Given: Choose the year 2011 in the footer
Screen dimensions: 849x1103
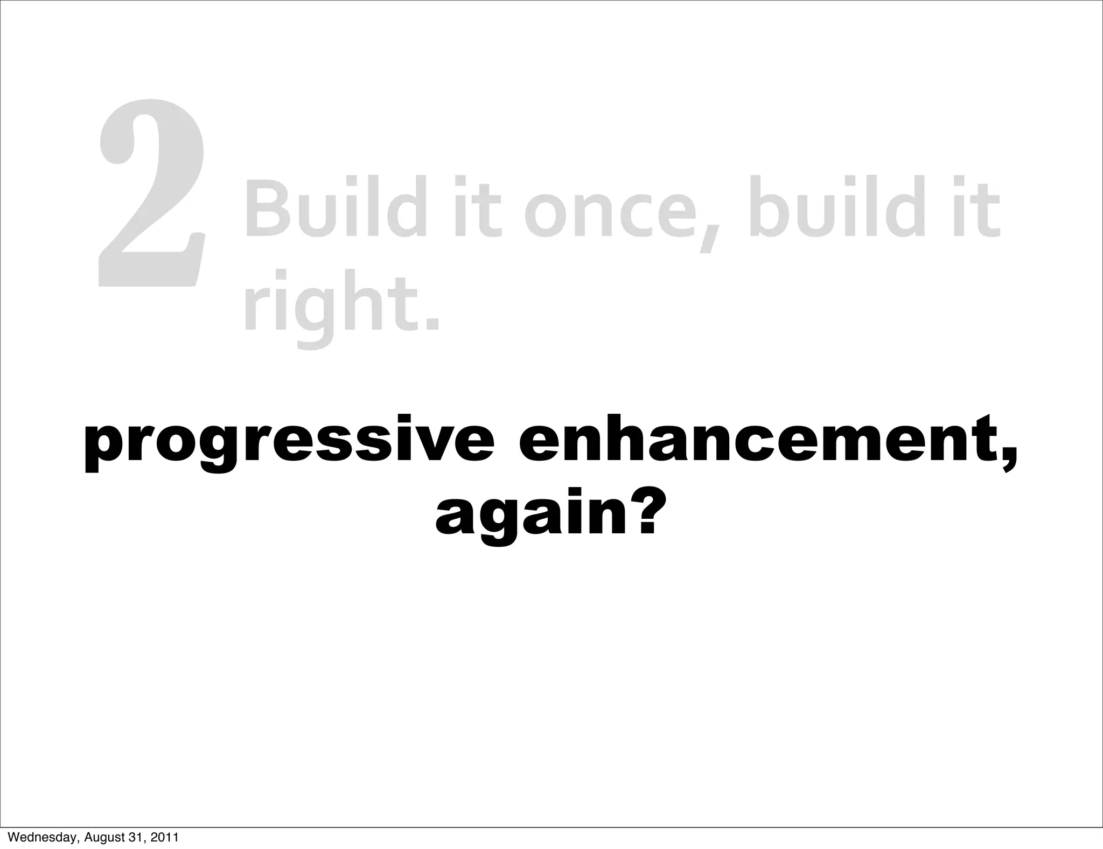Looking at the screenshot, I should click(164, 837).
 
